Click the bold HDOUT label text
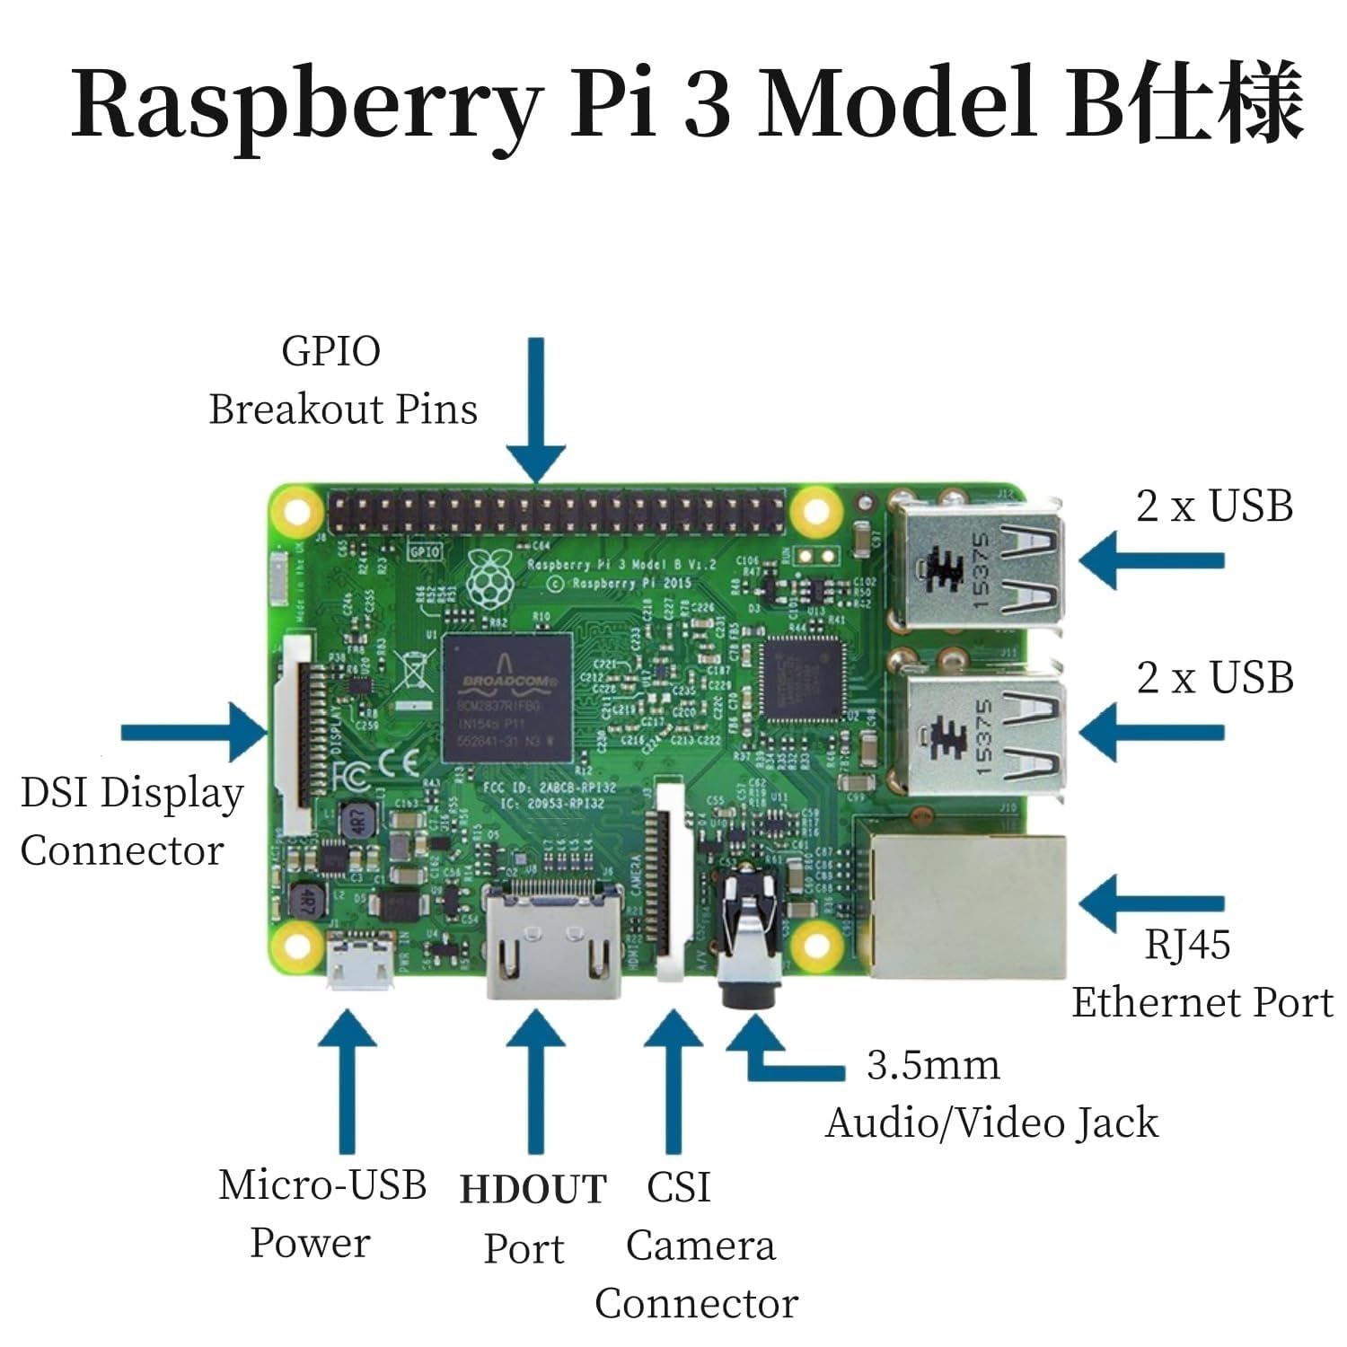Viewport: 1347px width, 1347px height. tap(533, 1189)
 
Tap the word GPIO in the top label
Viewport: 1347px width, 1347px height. tap(330, 351)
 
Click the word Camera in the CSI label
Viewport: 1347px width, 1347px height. tap(700, 1246)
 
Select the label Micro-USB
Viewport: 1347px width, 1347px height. tap(321, 1184)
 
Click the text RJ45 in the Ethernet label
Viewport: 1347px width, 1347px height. tap(1187, 945)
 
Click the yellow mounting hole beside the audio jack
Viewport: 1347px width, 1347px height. tap(817, 943)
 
